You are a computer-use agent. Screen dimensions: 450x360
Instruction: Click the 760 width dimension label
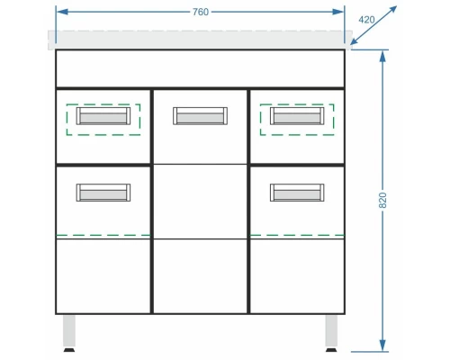201,12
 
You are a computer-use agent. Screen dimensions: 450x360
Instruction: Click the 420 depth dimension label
366,20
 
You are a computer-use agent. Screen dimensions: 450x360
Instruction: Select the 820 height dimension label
382,200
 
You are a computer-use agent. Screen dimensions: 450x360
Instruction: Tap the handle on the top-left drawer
103,116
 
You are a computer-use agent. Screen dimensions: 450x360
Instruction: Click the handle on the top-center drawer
200,116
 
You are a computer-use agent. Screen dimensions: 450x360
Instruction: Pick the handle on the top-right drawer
297,116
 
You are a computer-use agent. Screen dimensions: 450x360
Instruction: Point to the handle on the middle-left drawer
103,193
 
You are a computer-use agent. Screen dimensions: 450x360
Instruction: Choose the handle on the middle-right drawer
297,193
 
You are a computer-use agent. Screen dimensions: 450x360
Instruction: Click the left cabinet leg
69,331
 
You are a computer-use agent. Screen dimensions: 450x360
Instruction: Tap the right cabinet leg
331,331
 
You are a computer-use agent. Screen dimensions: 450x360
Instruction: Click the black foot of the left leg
69,350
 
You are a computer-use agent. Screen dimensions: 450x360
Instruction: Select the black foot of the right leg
331,350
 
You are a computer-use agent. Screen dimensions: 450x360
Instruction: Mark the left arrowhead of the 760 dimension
62,12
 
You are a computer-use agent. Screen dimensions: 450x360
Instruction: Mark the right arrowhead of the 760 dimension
338,12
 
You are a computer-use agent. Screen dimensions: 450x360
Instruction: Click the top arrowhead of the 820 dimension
382,57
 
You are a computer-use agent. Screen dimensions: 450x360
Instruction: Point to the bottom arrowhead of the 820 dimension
382,345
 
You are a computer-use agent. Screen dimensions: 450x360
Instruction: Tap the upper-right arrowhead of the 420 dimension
392,10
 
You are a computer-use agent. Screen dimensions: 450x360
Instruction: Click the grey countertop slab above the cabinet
200,40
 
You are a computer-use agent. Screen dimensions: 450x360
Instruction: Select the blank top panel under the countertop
200,68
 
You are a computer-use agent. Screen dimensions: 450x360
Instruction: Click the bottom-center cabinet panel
200,276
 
